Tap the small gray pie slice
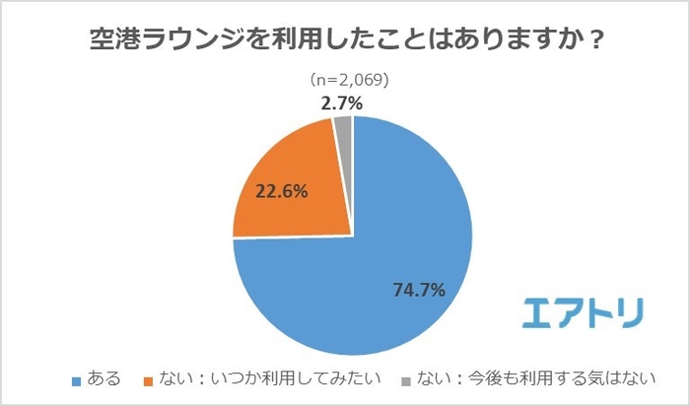coord(343,125)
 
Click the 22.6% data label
coord(281,192)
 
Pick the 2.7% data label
coord(342,101)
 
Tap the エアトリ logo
coord(582,311)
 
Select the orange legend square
coord(151,379)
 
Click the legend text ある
coord(103,378)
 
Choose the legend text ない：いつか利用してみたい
coord(269,378)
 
